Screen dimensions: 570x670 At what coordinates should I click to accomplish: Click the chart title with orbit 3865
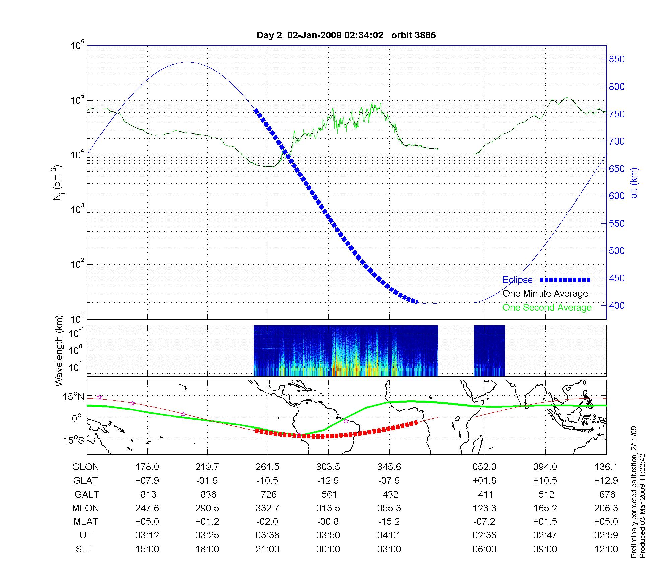point(346,35)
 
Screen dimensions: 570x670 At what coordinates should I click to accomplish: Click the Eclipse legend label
point(517,280)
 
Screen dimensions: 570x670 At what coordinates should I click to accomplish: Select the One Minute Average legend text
point(545,294)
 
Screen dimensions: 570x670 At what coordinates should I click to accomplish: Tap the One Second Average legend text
point(547,308)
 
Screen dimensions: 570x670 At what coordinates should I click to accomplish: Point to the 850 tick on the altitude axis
point(617,59)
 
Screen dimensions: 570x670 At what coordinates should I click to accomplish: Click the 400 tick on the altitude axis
point(617,305)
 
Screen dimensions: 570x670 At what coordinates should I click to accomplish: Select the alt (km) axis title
point(634,183)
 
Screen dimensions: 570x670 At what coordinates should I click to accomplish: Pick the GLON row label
point(86,467)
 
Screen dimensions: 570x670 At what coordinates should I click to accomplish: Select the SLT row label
point(84,549)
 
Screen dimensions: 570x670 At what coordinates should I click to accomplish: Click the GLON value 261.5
point(267,467)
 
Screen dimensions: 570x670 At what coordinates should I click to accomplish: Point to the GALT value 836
point(208,494)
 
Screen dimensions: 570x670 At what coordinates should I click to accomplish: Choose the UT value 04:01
point(389,535)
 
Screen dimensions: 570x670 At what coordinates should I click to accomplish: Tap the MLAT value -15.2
point(389,521)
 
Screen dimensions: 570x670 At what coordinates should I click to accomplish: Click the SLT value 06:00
point(484,549)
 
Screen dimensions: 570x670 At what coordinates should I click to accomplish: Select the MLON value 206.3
point(606,508)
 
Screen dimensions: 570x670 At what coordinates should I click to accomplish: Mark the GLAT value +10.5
point(545,480)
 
